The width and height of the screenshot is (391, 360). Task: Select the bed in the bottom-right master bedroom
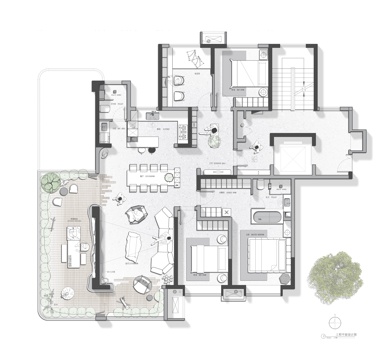(261, 255)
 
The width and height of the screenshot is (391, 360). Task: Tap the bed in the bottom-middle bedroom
(207, 260)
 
